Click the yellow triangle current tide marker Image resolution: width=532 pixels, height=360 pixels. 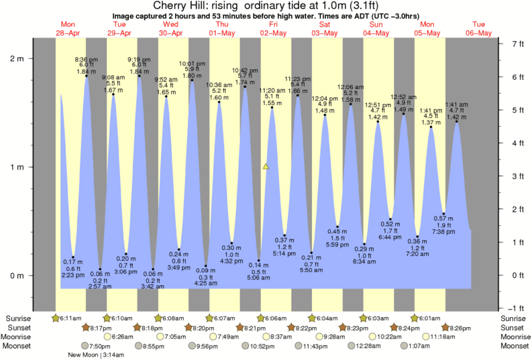click(x=266, y=166)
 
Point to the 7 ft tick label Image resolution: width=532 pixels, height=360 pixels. click(x=517, y=44)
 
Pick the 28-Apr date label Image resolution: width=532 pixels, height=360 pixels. click(x=68, y=33)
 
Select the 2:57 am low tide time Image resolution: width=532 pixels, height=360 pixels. click(x=100, y=286)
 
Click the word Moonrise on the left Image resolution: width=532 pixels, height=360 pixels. click(x=18, y=337)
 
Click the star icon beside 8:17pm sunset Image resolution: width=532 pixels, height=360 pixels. click(x=86, y=327)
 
